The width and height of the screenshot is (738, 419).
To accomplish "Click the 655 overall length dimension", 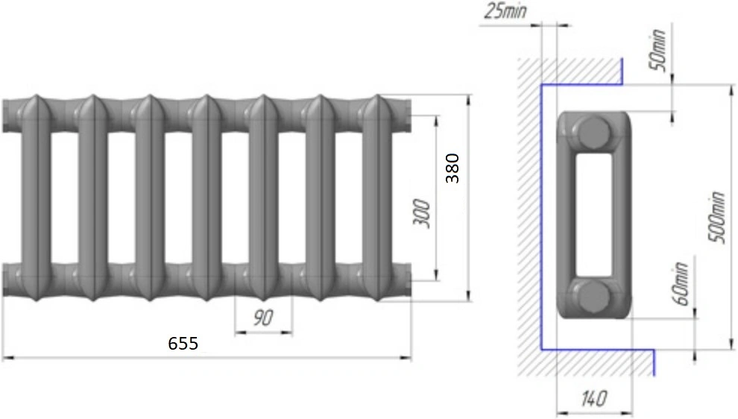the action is tap(183, 343).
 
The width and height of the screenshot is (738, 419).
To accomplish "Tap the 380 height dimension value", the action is tap(452, 168).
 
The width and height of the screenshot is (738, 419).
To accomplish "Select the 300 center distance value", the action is tap(422, 214).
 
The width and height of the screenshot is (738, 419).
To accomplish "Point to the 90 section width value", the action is tap(263, 318).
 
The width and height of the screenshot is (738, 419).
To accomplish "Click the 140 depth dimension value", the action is tap(593, 399).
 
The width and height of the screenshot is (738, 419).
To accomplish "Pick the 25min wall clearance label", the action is tap(505, 11).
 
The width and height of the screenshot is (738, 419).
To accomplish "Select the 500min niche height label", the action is tap(716, 217).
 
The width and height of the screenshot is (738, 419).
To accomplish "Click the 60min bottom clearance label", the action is tap(682, 284).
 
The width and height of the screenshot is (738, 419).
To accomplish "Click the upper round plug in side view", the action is tap(594, 133).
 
